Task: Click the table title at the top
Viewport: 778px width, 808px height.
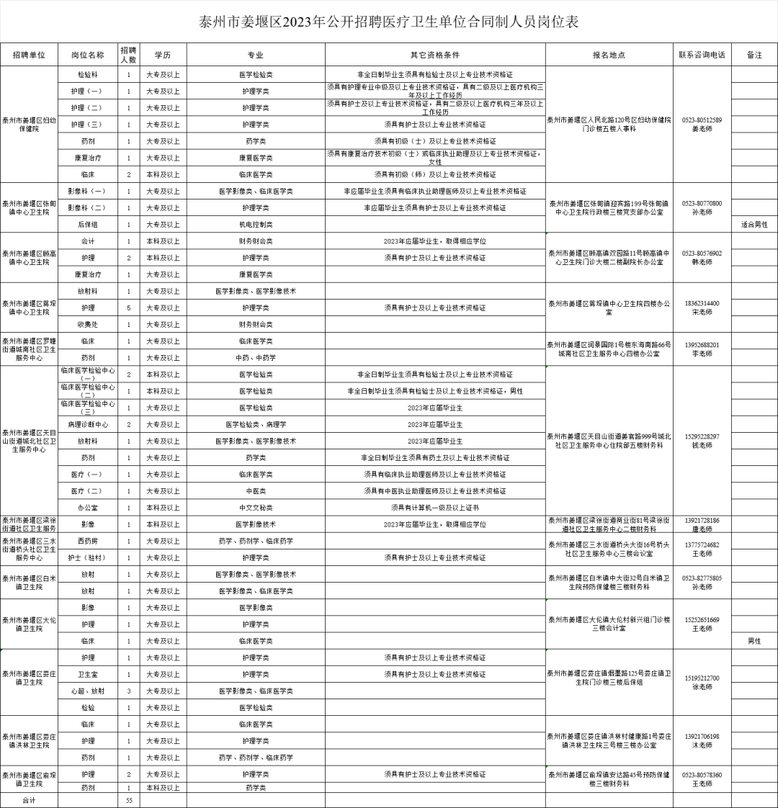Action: (x=389, y=22)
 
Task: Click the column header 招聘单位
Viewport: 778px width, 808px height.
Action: (x=29, y=55)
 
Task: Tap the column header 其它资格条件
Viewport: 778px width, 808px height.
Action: (x=435, y=55)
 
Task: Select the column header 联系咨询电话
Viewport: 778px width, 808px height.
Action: (x=702, y=55)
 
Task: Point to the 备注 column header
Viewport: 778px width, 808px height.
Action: (x=754, y=55)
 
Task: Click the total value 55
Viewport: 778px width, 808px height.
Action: (x=129, y=800)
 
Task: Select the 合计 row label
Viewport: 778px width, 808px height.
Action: (x=29, y=800)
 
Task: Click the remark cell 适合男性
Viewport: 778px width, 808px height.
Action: (x=754, y=224)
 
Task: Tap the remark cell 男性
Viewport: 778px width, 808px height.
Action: (x=754, y=640)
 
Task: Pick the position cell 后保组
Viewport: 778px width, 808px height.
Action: (x=87, y=224)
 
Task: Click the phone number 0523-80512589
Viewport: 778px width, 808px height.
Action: (x=702, y=120)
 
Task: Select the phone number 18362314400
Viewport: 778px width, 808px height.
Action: (x=702, y=303)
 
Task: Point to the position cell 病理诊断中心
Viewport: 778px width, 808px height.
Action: (x=87, y=424)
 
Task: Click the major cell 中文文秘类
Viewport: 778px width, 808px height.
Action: (x=255, y=508)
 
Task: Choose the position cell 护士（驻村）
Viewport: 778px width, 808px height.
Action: (x=87, y=557)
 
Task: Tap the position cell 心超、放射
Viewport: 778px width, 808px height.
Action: (x=87, y=691)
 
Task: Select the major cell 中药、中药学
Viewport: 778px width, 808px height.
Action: (x=255, y=357)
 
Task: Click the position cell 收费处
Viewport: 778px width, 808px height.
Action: (x=87, y=324)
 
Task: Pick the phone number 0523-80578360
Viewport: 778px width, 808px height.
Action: (x=702, y=775)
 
